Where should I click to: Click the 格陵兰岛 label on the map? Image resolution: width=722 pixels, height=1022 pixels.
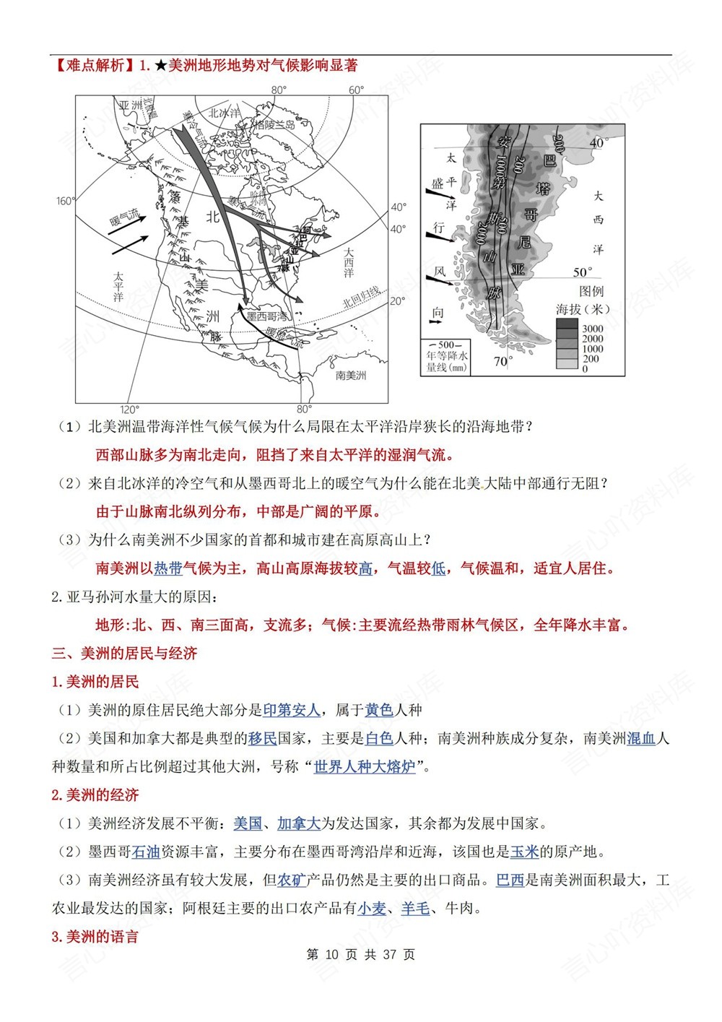tap(274, 124)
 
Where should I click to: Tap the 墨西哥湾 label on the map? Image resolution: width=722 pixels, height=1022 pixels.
tap(267, 316)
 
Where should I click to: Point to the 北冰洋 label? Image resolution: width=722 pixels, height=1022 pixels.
tap(224, 113)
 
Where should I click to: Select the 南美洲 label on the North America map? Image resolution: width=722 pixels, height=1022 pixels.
tap(351, 376)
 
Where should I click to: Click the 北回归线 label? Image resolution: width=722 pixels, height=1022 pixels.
tap(360, 296)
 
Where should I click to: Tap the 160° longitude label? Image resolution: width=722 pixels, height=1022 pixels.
tap(65, 201)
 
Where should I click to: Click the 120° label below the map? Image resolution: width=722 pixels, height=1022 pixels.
tap(129, 410)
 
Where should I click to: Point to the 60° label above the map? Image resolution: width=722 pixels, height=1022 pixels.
tap(357, 90)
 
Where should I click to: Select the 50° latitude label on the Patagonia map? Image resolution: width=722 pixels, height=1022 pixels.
tap(583, 272)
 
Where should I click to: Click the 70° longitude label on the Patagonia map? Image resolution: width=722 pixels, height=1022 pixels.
tap(503, 361)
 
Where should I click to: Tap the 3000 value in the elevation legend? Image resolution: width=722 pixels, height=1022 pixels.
tap(592, 329)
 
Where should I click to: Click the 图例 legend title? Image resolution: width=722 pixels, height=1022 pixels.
tap(591, 291)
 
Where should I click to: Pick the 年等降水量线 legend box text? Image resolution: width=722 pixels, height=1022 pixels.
tap(447, 357)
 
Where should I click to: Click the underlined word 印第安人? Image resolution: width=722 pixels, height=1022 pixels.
tap(292, 710)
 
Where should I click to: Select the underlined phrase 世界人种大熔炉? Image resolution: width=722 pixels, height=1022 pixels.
tap(365, 766)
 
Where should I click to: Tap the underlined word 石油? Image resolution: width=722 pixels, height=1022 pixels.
tap(146, 852)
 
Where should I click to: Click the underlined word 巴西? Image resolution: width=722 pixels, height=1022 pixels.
tap(510, 880)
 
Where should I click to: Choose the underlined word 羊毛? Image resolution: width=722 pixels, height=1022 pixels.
tap(415, 908)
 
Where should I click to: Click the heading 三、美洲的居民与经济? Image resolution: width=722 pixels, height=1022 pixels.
tap(124, 654)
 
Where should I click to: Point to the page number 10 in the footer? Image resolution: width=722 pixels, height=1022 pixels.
tap(332, 955)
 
